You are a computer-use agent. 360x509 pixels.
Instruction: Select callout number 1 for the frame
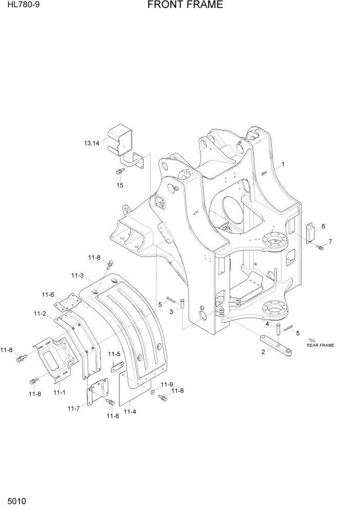tap(283, 164)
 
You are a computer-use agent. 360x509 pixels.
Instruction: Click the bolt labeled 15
tap(120, 171)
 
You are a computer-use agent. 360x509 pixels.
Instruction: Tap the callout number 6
tap(323, 226)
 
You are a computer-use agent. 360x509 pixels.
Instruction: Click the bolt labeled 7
tap(321, 248)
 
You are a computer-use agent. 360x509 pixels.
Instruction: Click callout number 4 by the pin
tap(267, 324)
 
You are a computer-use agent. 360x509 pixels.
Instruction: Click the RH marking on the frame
tap(264, 173)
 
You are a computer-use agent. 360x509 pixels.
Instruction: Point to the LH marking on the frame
tap(195, 212)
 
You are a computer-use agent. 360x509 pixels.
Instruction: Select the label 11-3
tap(77, 276)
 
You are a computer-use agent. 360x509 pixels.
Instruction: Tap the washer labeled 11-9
tap(153, 392)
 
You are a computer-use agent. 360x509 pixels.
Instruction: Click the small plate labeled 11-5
tap(117, 365)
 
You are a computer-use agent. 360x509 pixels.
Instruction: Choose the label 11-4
tap(129, 411)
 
